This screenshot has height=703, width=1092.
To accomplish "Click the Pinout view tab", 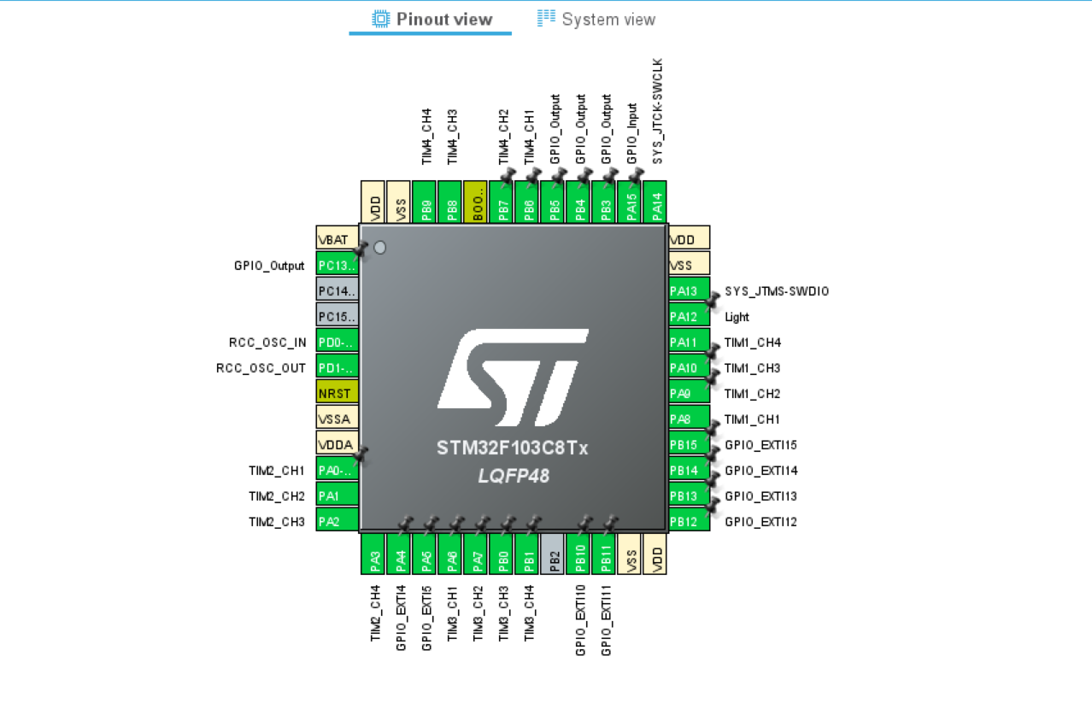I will click(x=432, y=19).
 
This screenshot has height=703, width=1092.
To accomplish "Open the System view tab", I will click(x=596, y=19).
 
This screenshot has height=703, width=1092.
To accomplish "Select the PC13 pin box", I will click(x=337, y=266).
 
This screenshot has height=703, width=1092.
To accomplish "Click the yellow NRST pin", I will click(x=337, y=394).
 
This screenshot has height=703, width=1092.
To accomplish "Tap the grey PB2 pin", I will click(x=553, y=554).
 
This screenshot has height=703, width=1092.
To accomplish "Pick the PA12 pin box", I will click(x=689, y=317).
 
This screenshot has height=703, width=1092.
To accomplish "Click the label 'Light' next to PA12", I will click(x=737, y=317).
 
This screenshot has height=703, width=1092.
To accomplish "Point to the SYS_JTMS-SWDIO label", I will click(x=777, y=291).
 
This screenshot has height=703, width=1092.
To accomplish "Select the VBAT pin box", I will click(x=337, y=240).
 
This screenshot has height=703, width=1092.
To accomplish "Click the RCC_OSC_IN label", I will click(x=267, y=343).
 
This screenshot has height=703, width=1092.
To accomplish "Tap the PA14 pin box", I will click(x=655, y=202).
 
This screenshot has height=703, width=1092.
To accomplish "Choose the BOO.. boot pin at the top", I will click(x=476, y=202).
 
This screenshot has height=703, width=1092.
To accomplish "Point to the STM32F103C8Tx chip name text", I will click(x=513, y=448).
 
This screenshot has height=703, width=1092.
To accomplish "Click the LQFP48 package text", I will click(x=514, y=476).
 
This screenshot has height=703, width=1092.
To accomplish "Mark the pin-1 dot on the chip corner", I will click(x=380, y=248).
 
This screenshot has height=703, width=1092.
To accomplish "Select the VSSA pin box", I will click(x=337, y=419).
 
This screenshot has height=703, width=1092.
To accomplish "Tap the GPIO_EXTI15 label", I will click(x=760, y=445).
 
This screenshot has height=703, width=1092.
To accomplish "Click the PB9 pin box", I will click(x=425, y=202).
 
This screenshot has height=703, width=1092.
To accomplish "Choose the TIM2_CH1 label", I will click(x=277, y=471).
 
